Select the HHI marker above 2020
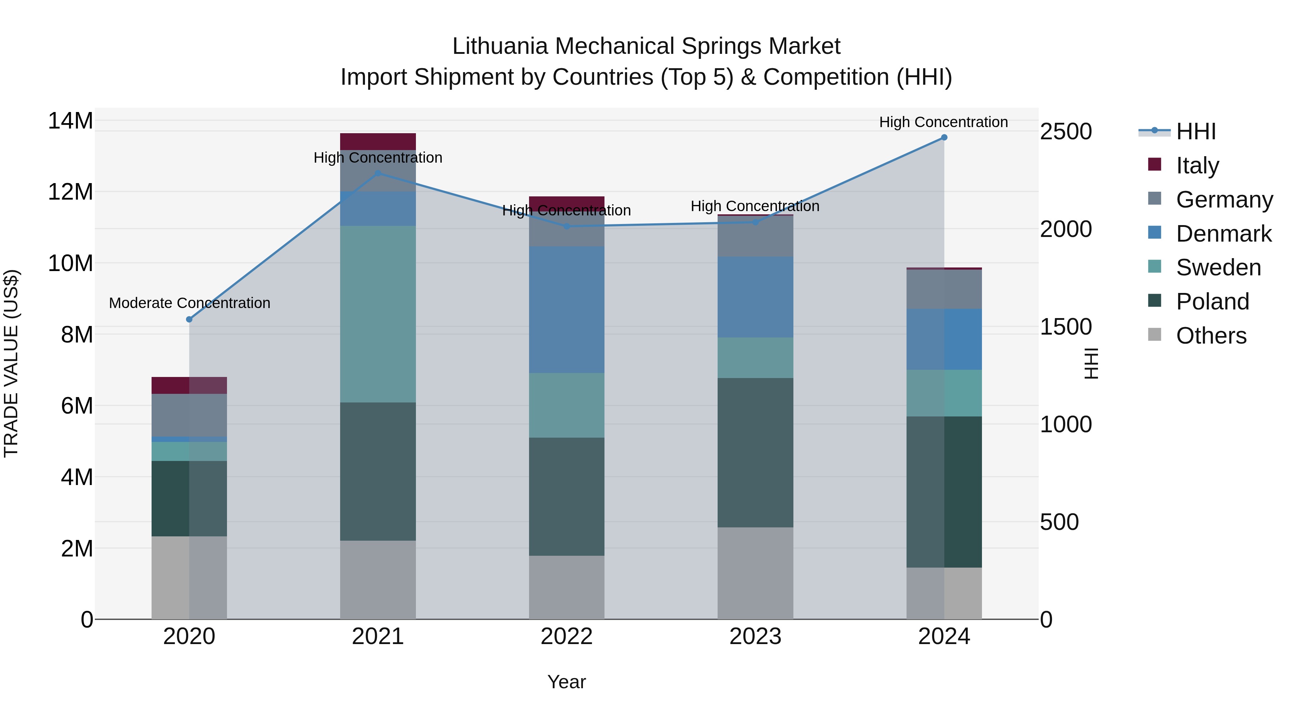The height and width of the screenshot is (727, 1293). tap(189, 319)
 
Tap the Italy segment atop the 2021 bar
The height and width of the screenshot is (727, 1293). tap(378, 141)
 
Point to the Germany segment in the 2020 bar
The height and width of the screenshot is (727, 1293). tap(189, 415)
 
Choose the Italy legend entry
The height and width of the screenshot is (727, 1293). tap(1197, 166)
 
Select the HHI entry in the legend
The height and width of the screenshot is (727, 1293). tap(1196, 131)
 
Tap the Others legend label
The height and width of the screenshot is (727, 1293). tap(1211, 336)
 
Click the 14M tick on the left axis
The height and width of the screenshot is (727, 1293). tap(70, 121)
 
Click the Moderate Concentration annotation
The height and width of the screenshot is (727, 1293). tap(189, 303)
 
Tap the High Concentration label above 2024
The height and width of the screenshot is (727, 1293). tap(943, 122)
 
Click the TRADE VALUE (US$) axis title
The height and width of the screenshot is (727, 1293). tap(11, 363)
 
